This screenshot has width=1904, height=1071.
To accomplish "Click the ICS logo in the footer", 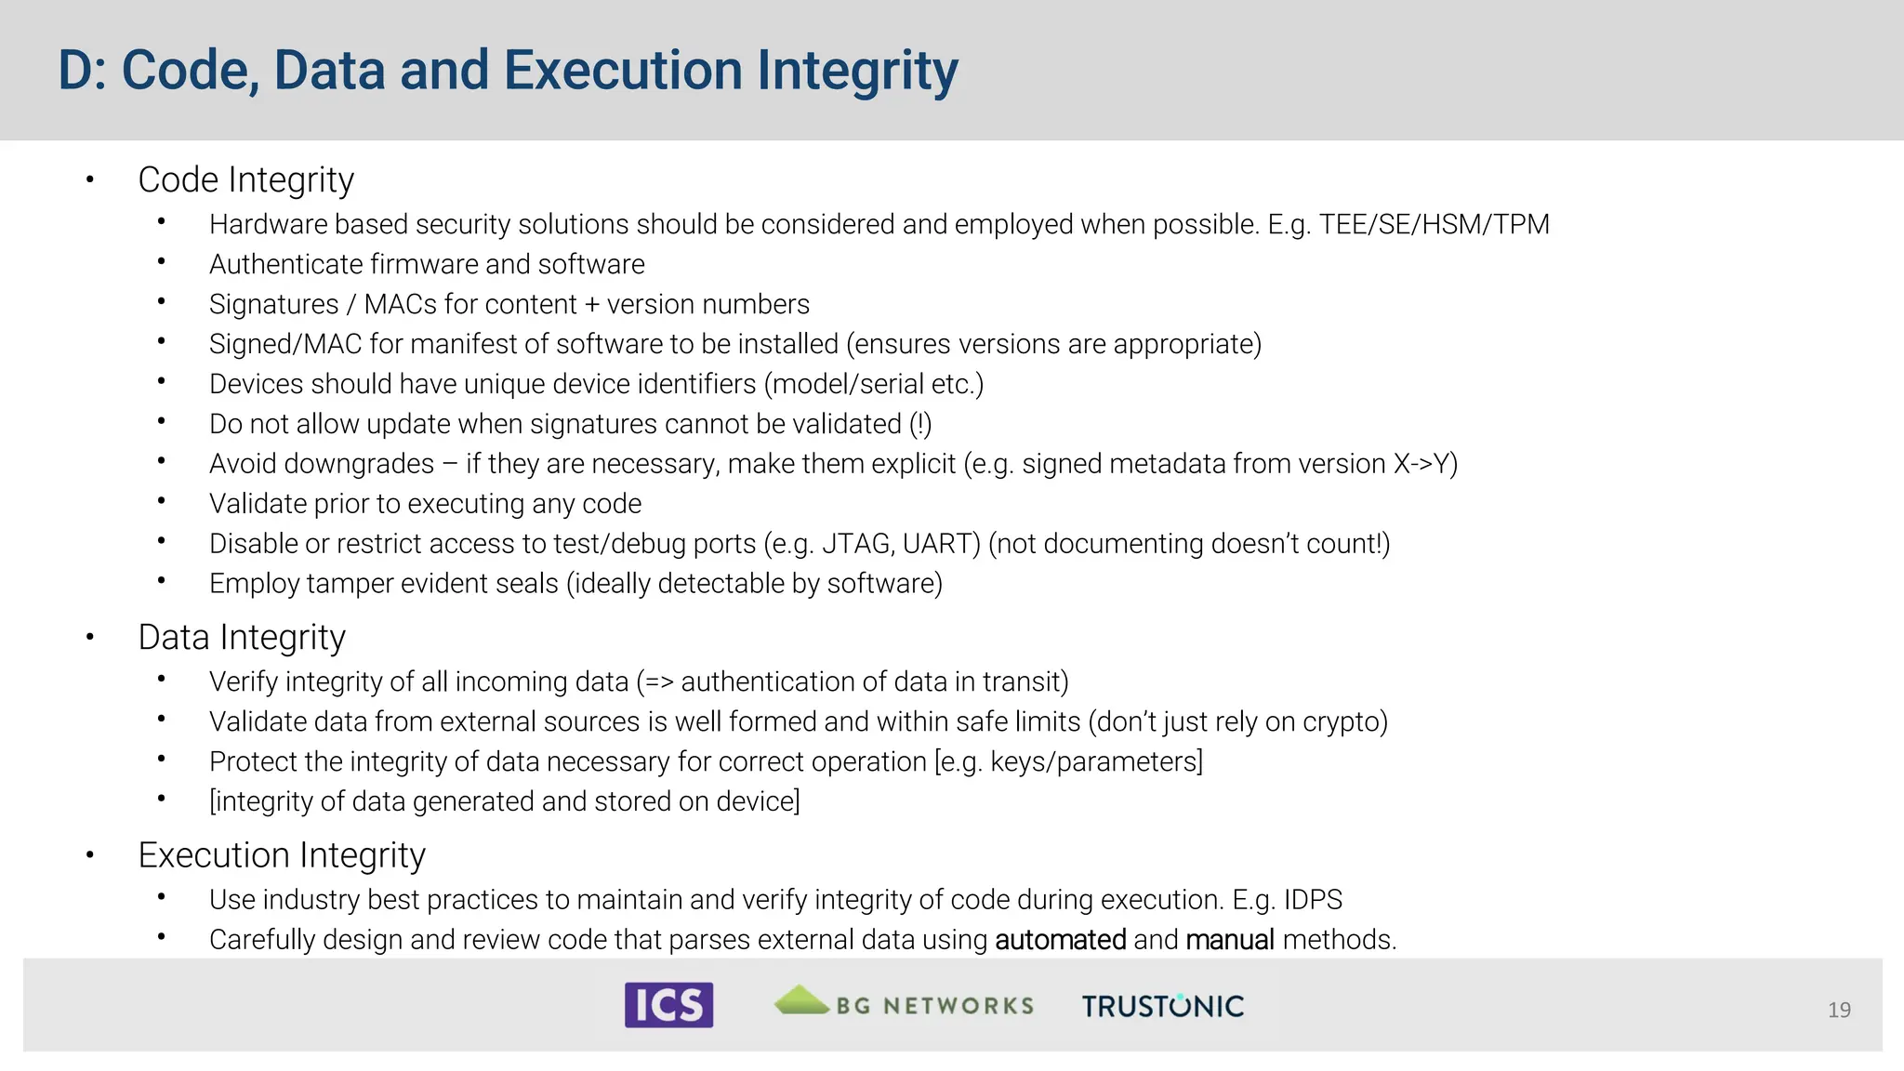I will point(668,1005).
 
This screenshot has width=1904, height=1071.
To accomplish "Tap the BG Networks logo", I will point(904,1003).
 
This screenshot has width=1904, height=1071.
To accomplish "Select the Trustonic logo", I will point(1162,1006).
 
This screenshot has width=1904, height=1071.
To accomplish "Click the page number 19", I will point(1839,1010).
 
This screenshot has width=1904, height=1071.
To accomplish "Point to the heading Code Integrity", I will point(245,180).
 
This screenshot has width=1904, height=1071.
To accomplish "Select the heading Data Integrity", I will point(242,638).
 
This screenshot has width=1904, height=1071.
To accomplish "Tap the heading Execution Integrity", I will point(282,855).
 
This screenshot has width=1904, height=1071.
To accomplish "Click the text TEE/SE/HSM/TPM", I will point(1434,225).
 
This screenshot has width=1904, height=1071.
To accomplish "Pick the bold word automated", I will point(1060,940).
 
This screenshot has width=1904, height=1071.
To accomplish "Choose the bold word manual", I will point(1229,940).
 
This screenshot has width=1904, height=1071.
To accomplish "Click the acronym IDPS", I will point(1313,900).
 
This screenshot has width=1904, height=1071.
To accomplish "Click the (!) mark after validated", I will point(920,424).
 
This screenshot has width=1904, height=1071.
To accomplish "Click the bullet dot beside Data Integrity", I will point(90,638).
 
